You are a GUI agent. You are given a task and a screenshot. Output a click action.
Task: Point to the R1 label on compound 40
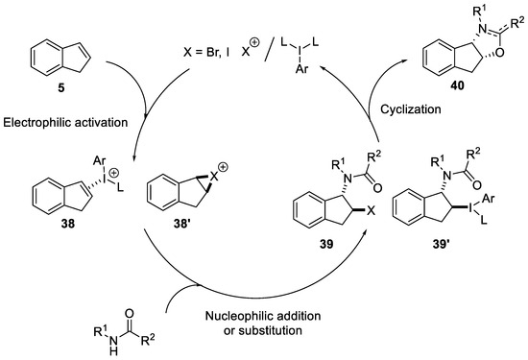(x=458, y=11)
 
